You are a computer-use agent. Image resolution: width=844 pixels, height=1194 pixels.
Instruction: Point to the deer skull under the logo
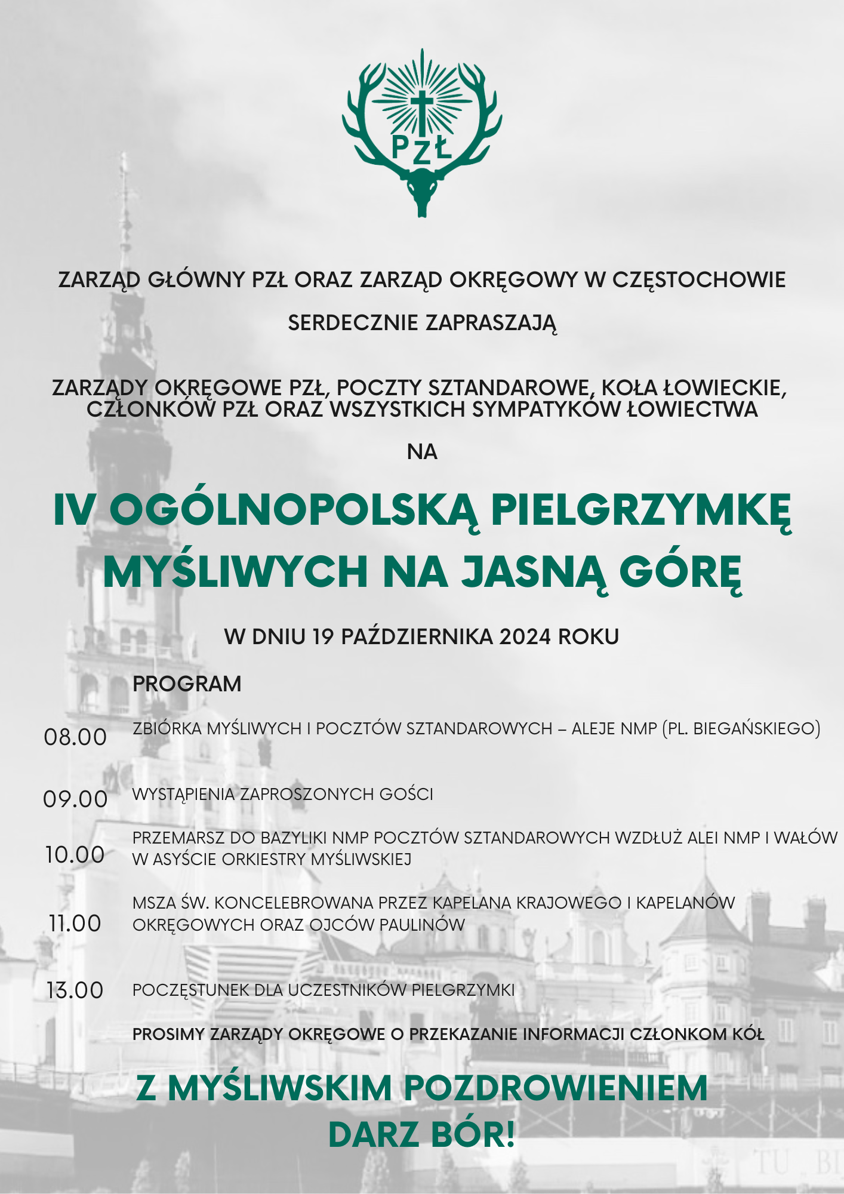(422, 190)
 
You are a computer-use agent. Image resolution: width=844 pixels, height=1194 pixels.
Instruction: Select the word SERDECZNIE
(353, 324)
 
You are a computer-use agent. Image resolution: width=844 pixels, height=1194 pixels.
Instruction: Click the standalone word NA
(422, 453)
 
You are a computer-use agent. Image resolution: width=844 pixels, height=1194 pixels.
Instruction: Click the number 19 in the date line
(323, 637)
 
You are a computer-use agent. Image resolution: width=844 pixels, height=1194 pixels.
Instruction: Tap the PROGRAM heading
(187, 684)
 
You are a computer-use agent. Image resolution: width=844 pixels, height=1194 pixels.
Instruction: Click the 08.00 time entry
(75, 737)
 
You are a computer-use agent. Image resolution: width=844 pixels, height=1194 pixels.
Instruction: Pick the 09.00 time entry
(75, 799)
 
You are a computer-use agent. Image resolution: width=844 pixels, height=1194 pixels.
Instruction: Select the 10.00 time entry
(75, 855)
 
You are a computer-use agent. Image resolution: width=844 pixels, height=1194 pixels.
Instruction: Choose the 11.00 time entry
(75, 924)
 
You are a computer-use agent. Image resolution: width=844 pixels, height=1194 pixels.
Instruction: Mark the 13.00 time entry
(75, 990)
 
